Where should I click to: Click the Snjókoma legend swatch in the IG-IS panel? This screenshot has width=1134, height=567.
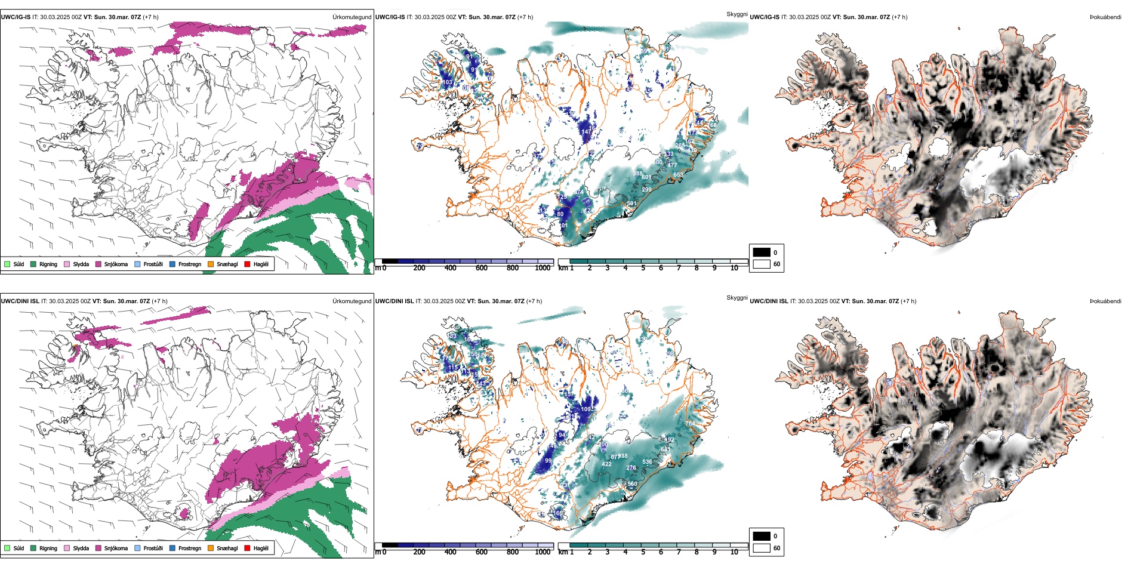click(98, 264)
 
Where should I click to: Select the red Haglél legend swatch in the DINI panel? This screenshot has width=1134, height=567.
click(247, 548)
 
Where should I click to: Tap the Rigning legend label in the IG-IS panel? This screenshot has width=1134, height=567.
click(48, 264)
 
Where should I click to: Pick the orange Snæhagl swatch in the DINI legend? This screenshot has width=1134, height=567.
click(211, 548)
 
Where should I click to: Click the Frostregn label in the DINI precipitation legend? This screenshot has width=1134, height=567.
click(190, 548)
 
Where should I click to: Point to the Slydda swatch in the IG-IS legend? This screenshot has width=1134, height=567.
click(67, 264)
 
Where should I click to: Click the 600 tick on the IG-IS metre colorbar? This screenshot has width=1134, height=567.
click(481, 268)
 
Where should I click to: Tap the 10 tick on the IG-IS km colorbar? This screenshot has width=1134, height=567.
click(734, 268)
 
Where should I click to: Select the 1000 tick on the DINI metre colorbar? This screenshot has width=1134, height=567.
click(543, 552)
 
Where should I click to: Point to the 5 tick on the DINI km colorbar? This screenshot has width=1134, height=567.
click(643, 552)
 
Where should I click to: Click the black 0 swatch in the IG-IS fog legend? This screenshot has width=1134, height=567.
click(762, 252)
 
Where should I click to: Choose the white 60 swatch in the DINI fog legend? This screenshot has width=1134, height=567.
click(762, 548)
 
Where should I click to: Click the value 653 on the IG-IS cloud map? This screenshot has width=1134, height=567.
click(678, 175)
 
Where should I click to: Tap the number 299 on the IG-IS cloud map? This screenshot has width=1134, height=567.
click(646, 190)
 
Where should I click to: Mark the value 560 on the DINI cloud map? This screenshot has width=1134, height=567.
click(632, 484)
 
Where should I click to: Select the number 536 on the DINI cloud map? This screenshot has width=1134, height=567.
click(647, 462)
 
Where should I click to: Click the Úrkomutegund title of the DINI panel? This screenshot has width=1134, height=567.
click(352, 301)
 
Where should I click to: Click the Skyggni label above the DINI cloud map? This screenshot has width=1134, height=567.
click(737, 298)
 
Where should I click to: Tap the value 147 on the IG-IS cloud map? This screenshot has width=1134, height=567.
click(587, 132)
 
